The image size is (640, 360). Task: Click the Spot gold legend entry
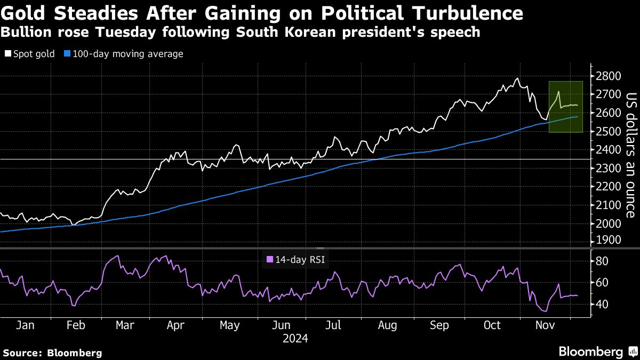(x=30, y=54)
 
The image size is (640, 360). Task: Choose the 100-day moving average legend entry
(x=123, y=54)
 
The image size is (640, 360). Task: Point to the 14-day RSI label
(x=296, y=260)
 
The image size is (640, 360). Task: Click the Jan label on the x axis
(x=26, y=325)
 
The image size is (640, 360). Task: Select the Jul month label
(x=333, y=325)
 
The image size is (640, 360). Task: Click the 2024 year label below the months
(x=295, y=339)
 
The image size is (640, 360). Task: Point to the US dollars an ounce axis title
(x=630, y=155)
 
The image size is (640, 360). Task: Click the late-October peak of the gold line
(x=516, y=78)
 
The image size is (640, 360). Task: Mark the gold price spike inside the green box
(x=558, y=92)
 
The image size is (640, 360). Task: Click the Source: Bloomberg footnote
(x=52, y=353)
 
